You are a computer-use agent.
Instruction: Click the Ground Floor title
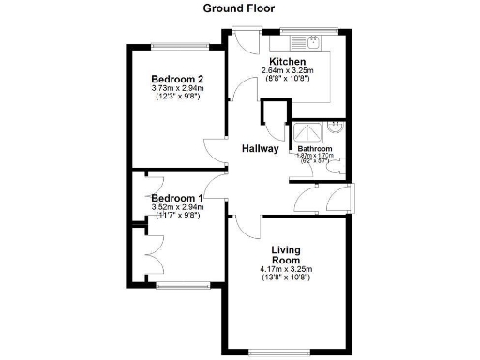(238, 8)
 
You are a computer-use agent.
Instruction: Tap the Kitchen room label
(286, 62)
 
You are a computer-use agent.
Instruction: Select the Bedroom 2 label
(177, 79)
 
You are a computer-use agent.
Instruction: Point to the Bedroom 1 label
(177, 198)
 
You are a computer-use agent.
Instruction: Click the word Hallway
(260, 148)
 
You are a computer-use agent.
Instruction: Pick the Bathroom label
(314, 149)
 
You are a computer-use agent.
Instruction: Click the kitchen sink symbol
(307, 41)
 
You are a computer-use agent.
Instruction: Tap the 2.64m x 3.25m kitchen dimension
(286, 71)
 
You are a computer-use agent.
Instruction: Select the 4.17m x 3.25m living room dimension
(286, 271)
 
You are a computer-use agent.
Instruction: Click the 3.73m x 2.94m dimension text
(177, 89)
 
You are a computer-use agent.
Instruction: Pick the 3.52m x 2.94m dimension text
(177, 208)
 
